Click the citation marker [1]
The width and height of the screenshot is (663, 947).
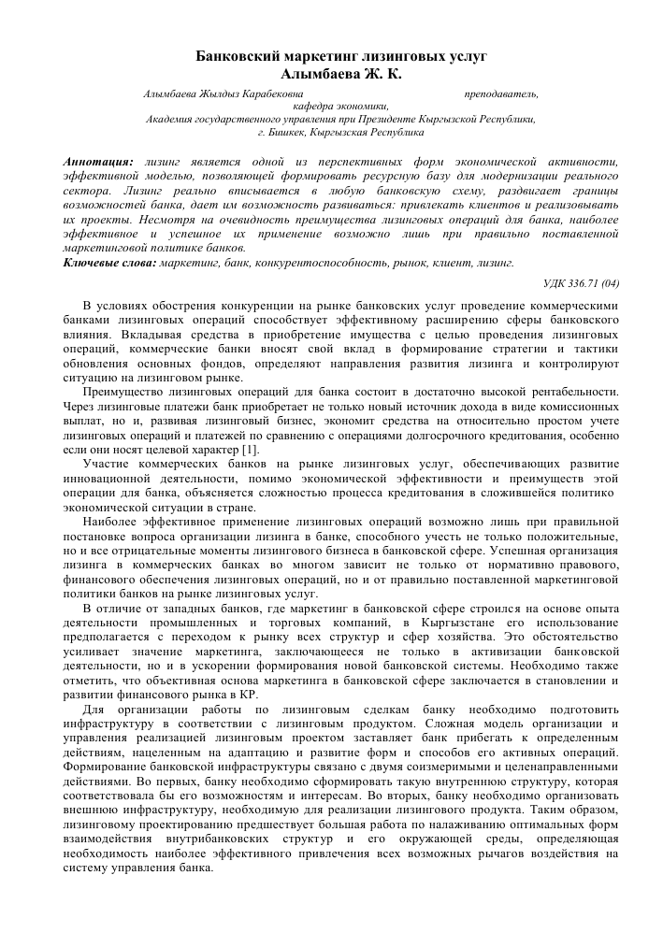252,449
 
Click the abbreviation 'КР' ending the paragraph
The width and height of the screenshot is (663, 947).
248,696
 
